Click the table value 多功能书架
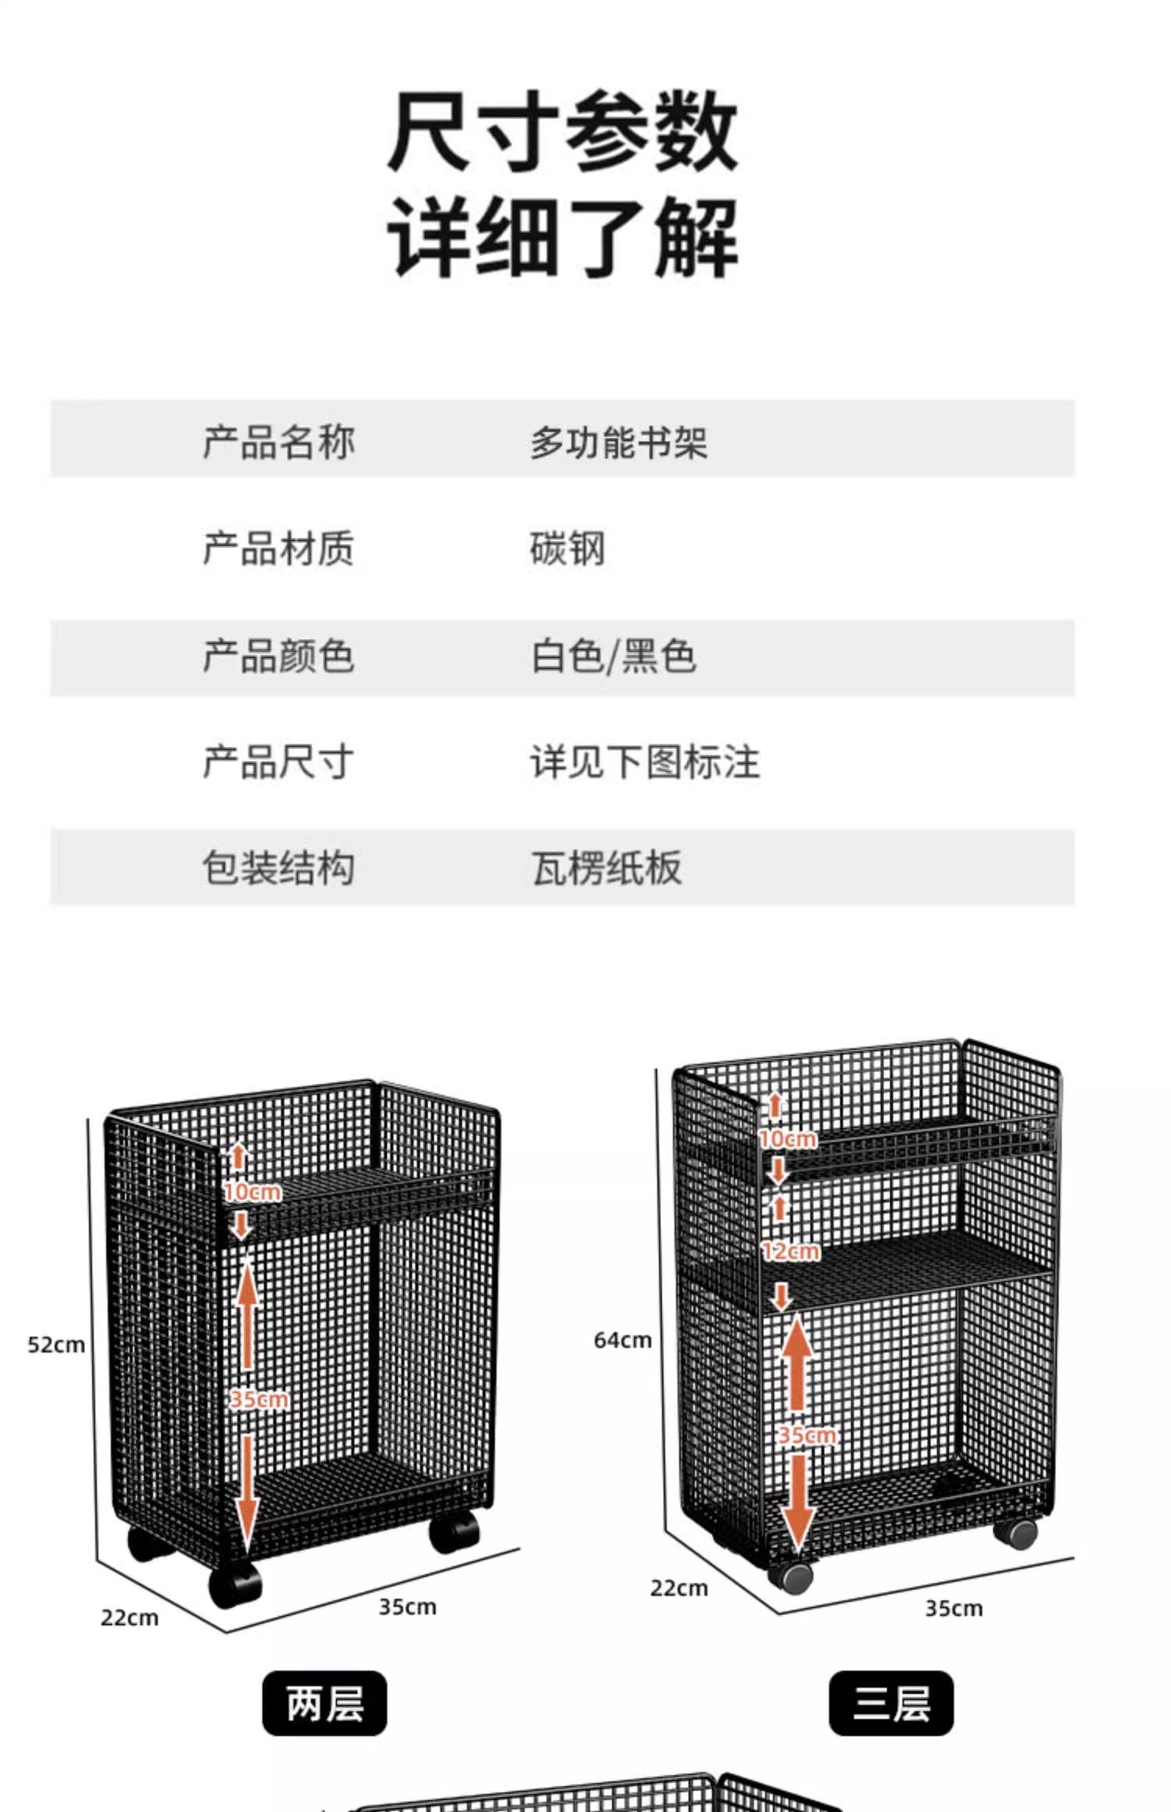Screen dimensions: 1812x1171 (618, 442)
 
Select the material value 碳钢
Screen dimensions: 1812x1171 (568, 549)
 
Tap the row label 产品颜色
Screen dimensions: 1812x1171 (279, 656)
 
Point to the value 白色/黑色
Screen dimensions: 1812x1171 (614, 656)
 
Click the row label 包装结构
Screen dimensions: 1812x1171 (279, 868)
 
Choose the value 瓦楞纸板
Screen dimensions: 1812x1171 (607, 868)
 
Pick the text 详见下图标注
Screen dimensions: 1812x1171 (645, 762)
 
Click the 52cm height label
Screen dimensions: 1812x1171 (56, 1345)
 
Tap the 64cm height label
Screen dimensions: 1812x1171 (622, 1340)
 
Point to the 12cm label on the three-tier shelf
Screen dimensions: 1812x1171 (791, 1252)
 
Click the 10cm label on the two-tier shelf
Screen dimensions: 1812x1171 (252, 1192)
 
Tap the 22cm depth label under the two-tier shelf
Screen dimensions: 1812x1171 (130, 1618)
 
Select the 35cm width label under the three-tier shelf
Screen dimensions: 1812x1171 (954, 1608)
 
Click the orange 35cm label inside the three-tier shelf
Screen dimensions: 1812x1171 (806, 1435)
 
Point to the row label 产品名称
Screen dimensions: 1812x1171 (279, 442)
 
